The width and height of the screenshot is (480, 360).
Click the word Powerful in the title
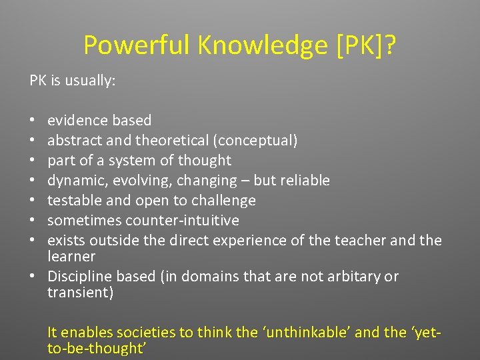tap(137, 45)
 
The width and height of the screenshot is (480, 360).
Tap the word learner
tap(71, 256)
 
